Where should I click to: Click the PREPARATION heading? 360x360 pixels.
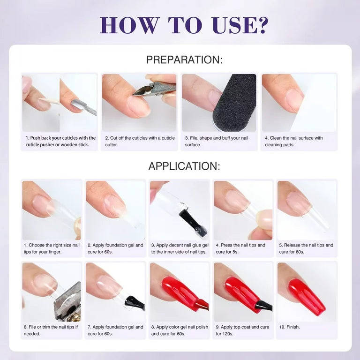[x=184, y=60]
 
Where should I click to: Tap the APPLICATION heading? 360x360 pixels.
[x=184, y=166]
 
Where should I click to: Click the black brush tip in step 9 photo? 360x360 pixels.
[x=263, y=306]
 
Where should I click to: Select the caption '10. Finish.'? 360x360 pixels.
[x=289, y=327]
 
